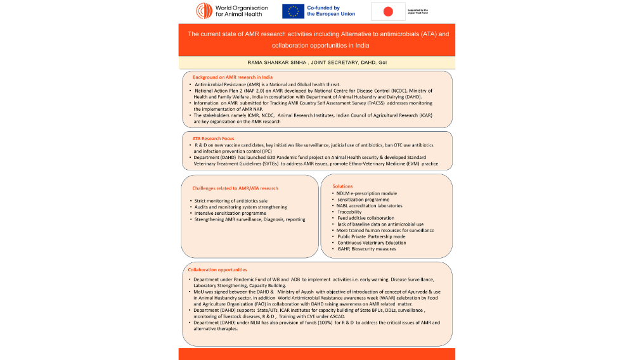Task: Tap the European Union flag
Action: (293, 11)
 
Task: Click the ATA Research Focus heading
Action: (213, 138)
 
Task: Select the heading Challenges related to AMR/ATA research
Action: (235, 188)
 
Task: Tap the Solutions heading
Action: (343, 186)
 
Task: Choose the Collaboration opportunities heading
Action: (217, 271)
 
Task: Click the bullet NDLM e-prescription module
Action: (367, 193)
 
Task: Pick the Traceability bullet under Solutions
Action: (349, 212)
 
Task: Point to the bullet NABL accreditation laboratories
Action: (370, 205)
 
